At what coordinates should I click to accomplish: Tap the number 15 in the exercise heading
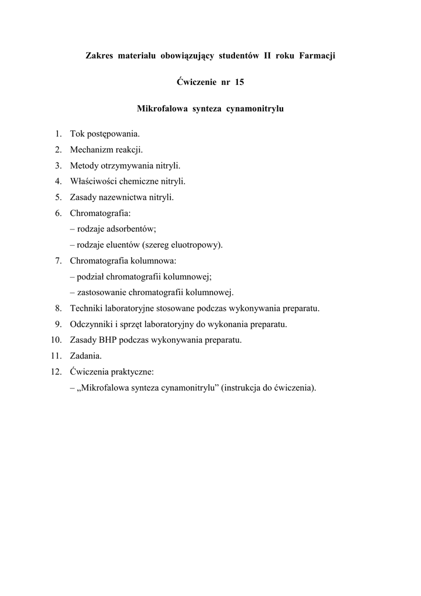(x=240, y=82)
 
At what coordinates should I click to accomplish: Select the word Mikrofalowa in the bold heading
(x=160, y=108)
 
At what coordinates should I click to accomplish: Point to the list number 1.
(x=59, y=134)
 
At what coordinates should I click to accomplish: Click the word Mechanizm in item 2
(x=89, y=150)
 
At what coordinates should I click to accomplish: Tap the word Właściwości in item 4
(x=93, y=181)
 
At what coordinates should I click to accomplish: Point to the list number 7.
(x=59, y=260)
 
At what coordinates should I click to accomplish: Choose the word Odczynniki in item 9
(x=91, y=324)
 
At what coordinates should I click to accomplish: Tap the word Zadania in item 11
(x=85, y=355)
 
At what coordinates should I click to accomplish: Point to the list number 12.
(x=56, y=371)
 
